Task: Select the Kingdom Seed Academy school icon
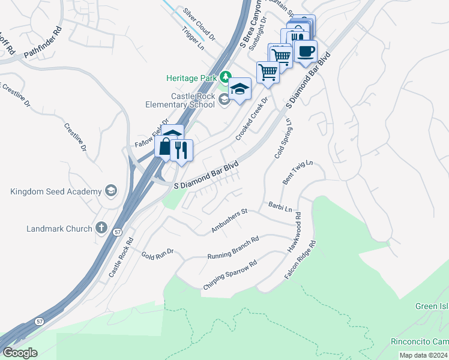pyautogui.click(x=110, y=191)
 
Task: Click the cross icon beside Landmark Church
pyautogui.click(x=101, y=228)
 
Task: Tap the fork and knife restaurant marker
pyautogui.click(x=181, y=149)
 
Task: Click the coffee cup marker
pyautogui.click(x=306, y=51)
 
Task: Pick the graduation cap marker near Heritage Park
pyautogui.click(x=240, y=90)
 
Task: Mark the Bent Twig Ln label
pyautogui.click(x=298, y=173)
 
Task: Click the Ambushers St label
pyautogui.click(x=229, y=221)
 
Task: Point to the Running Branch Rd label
pyautogui.click(x=233, y=248)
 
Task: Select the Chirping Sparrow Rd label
pyautogui.click(x=230, y=275)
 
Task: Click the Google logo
pyautogui.click(x=20, y=353)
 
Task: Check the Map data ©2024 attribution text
pyautogui.click(x=424, y=355)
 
